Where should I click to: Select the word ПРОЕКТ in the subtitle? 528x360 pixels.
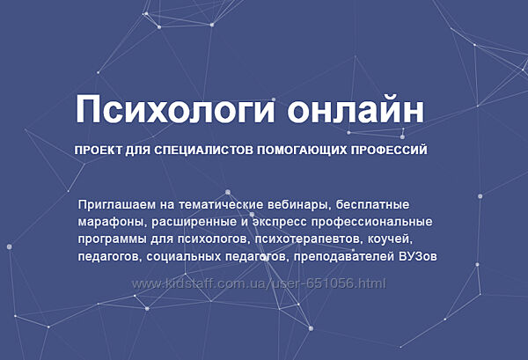coord(99,151)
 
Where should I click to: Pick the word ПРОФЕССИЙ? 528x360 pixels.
coord(390,151)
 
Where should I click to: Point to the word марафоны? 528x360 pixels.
coord(109,221)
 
